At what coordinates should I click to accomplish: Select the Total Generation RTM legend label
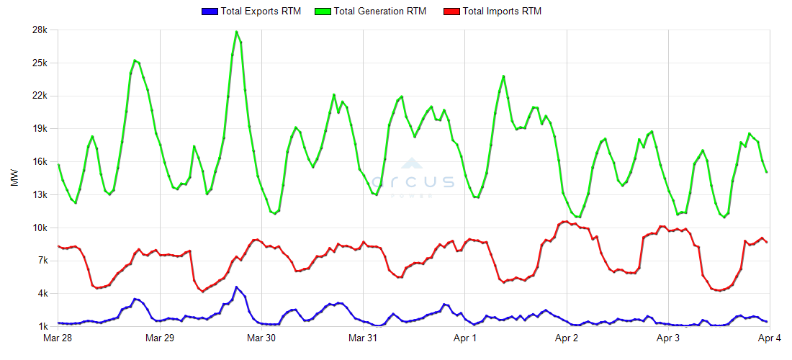click(x=380, y=12)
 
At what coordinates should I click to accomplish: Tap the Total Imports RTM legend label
click(x=502, y=12)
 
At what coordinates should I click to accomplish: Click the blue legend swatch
click(x=210, y=12)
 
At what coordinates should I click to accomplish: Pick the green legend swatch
click(x=324, y=12)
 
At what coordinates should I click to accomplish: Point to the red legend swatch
click(x=451, y=12)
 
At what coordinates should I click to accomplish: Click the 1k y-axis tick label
click(x=42, y=327)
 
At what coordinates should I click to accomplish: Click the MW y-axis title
click(x=14, y=179)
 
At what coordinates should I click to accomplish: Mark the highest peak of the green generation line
click(x=236, y=32)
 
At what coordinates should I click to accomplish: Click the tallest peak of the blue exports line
click(x=236, y=287)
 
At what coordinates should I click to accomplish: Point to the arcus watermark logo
click(x=413, y=179)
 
